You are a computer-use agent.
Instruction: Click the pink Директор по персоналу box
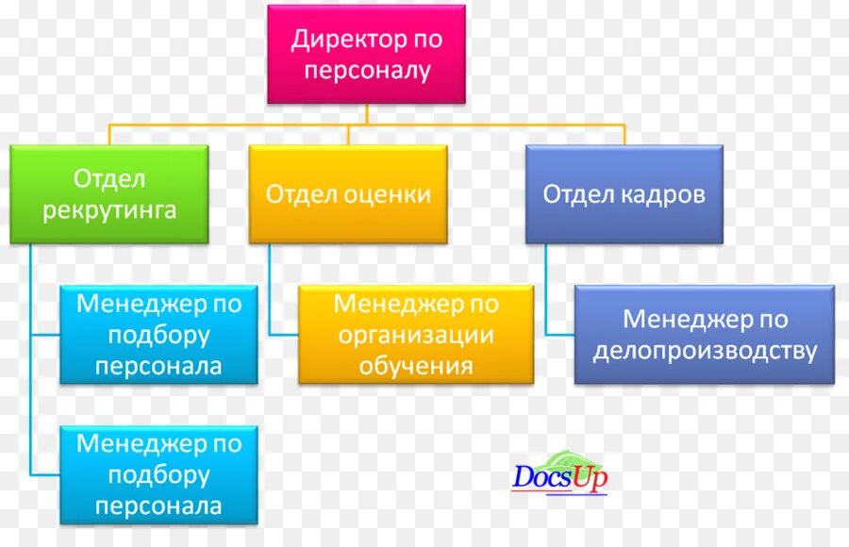366,54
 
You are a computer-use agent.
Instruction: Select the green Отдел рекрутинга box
109,193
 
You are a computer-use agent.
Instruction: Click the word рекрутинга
109,209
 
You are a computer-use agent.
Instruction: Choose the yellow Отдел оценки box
348,193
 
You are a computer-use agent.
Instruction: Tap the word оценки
387,194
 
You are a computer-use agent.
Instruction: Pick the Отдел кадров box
624,193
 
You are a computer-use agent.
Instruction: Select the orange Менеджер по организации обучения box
415,334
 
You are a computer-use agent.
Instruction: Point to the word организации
415,335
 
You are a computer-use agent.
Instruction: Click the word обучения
415,365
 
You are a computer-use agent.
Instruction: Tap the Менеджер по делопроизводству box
704,335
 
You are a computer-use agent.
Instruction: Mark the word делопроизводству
704,351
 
